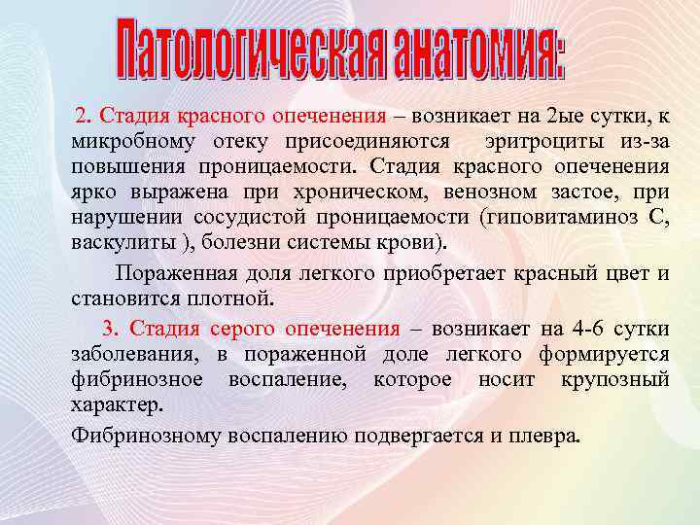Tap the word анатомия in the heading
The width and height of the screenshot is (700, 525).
(471, 51)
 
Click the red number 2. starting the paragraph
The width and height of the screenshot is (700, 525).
(87, 117)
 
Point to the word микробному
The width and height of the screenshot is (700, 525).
(120, 142)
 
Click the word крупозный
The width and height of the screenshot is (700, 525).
(614, 378)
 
